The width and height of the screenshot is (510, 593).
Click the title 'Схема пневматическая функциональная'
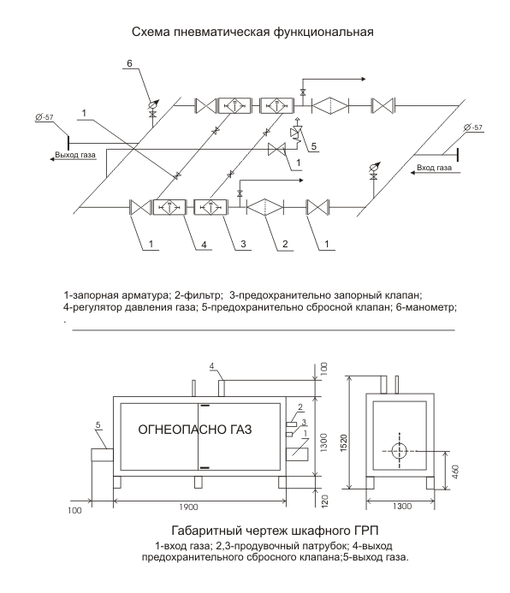coord(252,32)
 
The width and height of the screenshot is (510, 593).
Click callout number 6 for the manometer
coord(129,63)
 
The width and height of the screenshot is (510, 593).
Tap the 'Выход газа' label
coord(75,155)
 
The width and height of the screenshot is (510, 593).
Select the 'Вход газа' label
coord(434,168)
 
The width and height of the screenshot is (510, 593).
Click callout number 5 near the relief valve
coord(314,146)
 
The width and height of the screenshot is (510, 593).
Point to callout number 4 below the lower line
coord(204,245)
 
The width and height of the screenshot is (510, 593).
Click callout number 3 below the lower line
coord(243,244)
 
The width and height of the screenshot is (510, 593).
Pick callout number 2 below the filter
coord(285,244)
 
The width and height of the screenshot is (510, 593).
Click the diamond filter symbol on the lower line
coord(264,207)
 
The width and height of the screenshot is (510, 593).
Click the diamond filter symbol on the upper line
coord(329,105)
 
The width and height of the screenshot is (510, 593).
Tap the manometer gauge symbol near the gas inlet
coord(375,167)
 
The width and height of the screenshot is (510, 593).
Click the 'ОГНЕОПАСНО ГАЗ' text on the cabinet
coord(195,430)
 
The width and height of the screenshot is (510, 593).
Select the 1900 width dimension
coord(188,507)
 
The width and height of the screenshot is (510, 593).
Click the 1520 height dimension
coord(343,443)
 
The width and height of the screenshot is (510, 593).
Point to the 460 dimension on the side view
coord(455,472)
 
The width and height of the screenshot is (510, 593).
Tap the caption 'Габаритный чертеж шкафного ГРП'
coord(275,531)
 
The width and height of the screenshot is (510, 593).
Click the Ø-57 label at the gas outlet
coord(44,117)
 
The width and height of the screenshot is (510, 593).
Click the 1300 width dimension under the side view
coord(401,506)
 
